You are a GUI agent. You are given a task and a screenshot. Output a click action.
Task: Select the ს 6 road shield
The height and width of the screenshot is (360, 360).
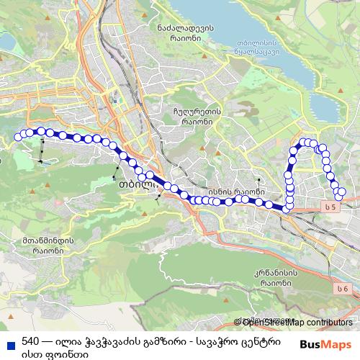pyautogui.click(x=343, y=289)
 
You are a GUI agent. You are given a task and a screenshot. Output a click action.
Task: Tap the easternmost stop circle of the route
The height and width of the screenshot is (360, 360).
pyautogui.click(x=341, y=192)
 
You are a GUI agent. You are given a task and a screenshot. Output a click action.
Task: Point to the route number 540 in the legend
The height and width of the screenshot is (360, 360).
pyautogui.click(x=30, y=341)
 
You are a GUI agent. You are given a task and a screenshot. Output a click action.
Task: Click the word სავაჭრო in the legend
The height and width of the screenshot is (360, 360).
pyautogui.click(x=220, y=341)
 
